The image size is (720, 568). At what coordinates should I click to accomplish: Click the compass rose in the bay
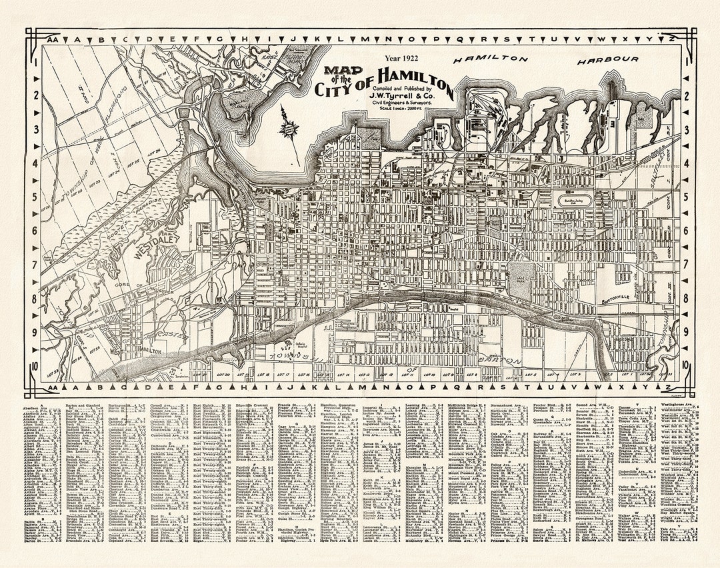289,123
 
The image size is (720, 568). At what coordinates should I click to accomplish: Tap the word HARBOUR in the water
607,59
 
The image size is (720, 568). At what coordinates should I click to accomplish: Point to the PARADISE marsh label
162,202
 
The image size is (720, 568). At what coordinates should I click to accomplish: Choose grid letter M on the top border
365,39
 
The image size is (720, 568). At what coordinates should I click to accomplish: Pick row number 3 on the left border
34,129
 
